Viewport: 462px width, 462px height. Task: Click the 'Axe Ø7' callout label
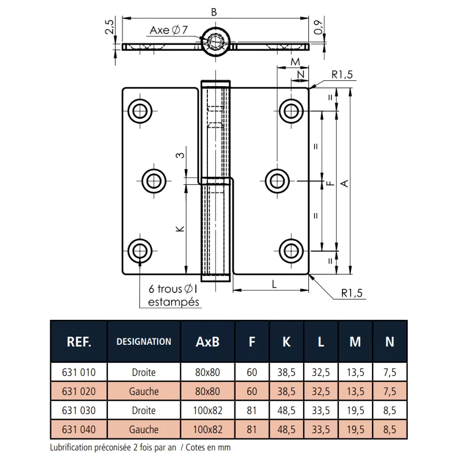coord(169,30)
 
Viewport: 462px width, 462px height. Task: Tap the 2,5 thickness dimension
coord(109,27)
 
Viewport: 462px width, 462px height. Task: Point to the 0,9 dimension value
coord(318,28)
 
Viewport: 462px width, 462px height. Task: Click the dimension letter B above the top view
coord(214,12)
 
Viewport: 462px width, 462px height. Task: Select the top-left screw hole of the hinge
coord(140,111)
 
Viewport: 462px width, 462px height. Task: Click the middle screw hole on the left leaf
coord(154,181)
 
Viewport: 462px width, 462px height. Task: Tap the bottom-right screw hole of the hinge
coord(291,251)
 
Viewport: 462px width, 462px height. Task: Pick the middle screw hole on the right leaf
coord(277,181)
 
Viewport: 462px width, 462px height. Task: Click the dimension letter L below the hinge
coord(274,284)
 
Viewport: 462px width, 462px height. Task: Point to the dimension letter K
coord(180,229)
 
